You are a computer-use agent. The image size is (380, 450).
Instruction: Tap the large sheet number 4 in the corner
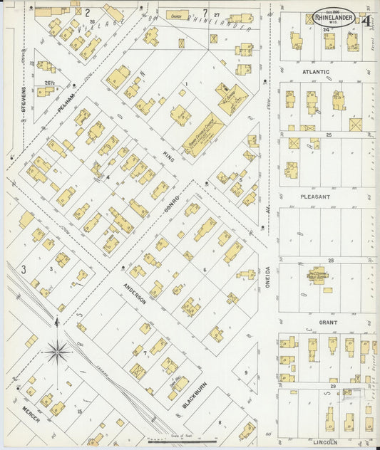366,20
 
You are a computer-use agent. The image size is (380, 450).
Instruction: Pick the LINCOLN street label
325,441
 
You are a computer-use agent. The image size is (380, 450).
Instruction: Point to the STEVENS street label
24,100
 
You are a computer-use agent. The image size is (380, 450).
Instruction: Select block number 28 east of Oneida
330,261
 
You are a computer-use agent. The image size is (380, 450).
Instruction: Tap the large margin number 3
23,268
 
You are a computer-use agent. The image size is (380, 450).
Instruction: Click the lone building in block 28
318,276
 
